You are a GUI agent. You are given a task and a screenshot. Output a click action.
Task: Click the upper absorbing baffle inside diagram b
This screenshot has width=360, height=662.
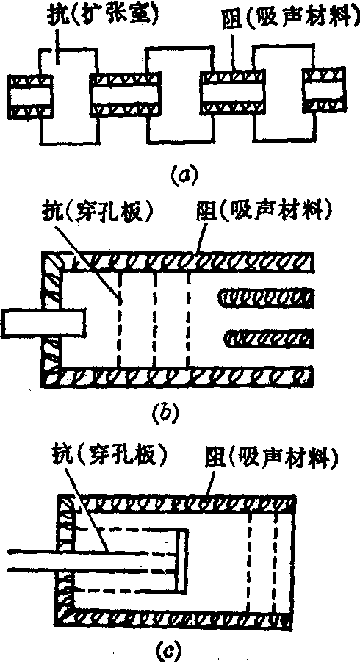265,298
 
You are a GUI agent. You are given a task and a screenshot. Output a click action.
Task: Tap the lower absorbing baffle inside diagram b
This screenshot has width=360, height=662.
268,339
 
